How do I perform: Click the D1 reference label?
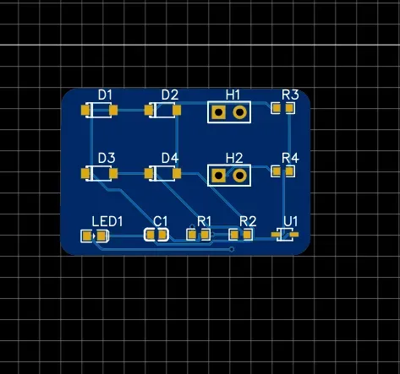[105, 95]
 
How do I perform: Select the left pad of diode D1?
[85, 111]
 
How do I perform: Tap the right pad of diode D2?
[177, 111]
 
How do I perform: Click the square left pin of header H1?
[218, 112]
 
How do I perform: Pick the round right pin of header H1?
[239, 112]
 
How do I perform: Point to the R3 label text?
[290, 95]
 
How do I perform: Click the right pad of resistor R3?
[289, 108]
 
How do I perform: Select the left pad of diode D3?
[85, 174]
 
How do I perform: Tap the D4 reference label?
[170, 159]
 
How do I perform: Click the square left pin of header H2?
[218, 176]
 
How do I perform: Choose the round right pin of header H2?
[239, 176]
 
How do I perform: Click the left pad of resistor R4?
[277, 171]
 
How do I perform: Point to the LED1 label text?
[107, 222]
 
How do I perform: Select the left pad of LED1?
[87, 236]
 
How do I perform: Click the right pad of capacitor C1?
[162, 235]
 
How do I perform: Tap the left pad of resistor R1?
[192, 235]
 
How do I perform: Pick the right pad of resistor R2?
[248, 235]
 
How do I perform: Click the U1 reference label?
[290, 222]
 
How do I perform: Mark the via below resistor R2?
[232, 249]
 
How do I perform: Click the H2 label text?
[234, 159]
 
